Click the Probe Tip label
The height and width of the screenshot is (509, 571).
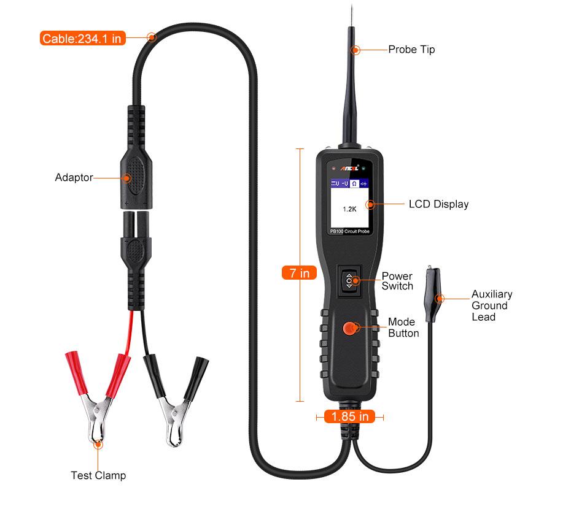(x=411, y=50)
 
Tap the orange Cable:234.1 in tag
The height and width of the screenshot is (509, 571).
(x=83, y=39)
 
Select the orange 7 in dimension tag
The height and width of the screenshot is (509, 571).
(x=300, y=273)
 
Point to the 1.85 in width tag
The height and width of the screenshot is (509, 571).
(x=349, y=416)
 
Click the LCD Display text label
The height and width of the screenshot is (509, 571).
(x=438, y=204)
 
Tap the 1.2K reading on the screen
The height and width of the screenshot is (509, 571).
(x=349, y=209)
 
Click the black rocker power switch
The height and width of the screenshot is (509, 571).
(x=349, y=279)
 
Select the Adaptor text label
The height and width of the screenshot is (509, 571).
(x=74, y=178)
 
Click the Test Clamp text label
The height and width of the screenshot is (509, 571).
(x=98, y=475)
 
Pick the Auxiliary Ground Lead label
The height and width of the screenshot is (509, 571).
(x=491, y=305)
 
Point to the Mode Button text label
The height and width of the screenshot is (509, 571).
(x=403, y=327)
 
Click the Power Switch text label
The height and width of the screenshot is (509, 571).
(x=397, y=281)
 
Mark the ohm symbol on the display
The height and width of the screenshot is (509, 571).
(x=354, y=183)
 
